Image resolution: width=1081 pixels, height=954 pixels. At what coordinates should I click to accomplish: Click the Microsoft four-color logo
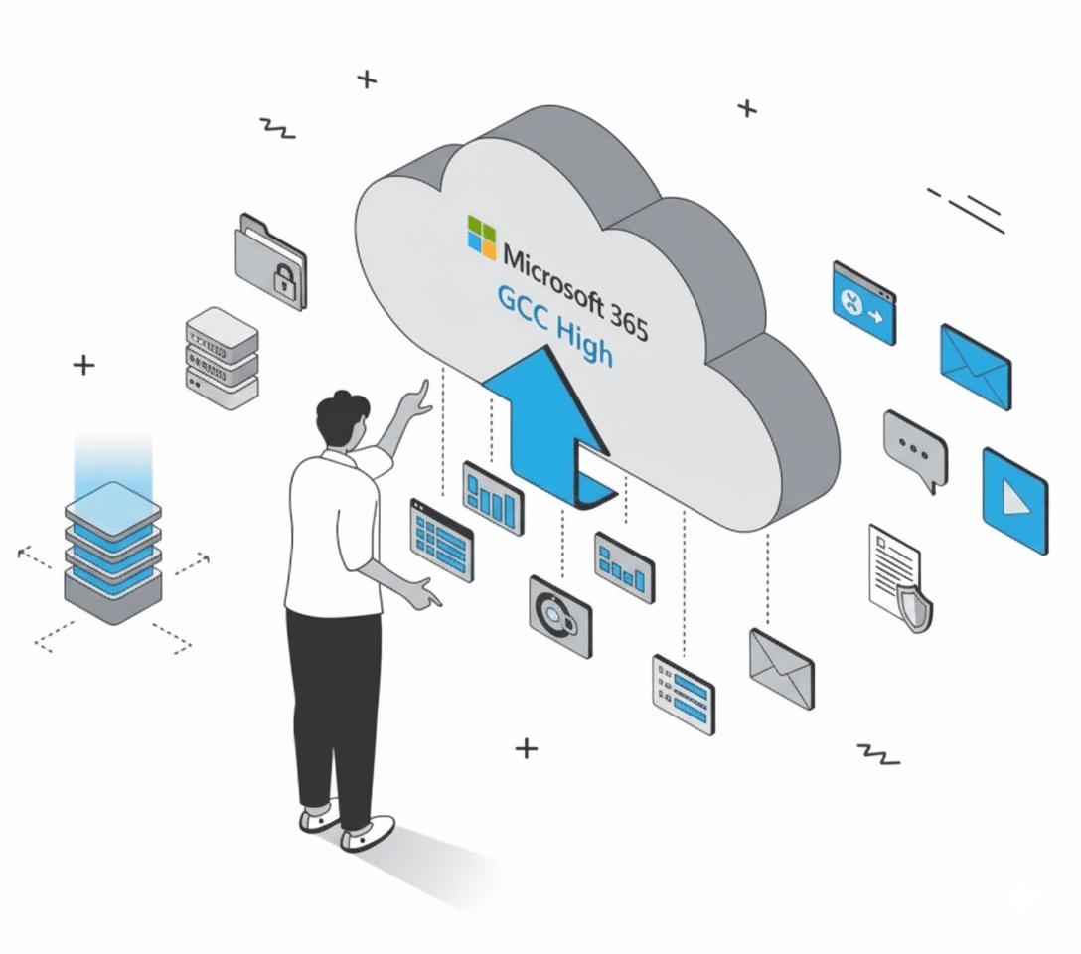[x=482, y=236]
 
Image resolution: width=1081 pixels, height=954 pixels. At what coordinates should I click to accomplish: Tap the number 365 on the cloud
[x=627, y=317]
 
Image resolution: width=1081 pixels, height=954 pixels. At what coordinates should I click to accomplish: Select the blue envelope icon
[x=975, y=367]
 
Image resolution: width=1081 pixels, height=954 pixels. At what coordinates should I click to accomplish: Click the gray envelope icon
[x=781, y=667]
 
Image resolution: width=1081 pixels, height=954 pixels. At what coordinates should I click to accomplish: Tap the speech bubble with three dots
[x=915, y=450]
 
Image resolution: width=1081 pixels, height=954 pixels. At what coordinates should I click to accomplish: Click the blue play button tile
[x=1014, y=500]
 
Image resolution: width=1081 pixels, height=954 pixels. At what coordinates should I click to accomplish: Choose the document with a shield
[x=900, y=577]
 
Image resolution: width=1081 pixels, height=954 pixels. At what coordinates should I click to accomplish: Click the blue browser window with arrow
[x=863, y=302]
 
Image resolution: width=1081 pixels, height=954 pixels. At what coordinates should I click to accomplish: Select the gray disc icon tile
[x=559, y=615]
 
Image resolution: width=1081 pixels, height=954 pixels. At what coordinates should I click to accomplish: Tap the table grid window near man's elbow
[x=441, y=540]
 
